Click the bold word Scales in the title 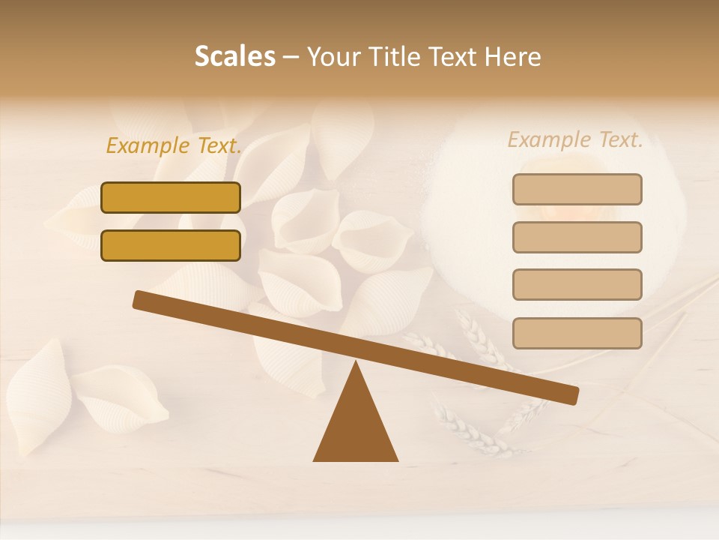pyautogui.click(x=234, y=57)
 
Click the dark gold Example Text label pyautogui.click(x=174, y=145)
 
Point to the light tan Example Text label pyautogui.click(x=575, y=139)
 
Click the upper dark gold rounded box pyautogui.click(x=171, y=197)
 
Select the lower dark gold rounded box pyautogui.click(x=171, y=245)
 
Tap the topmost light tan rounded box pyautogui.click(x=577, y=189)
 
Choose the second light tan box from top pyautogui.click(x=577, y=237)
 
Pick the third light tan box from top pyautogui.click(x=577, y=285)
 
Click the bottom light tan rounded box pyautogui.click(x=577, y=333)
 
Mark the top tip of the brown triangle pyautogui.click(x=356, y=364)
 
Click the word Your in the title pyautogui.click(x=334, y=57)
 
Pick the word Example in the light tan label pyautogui.click(x=550, y=139)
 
